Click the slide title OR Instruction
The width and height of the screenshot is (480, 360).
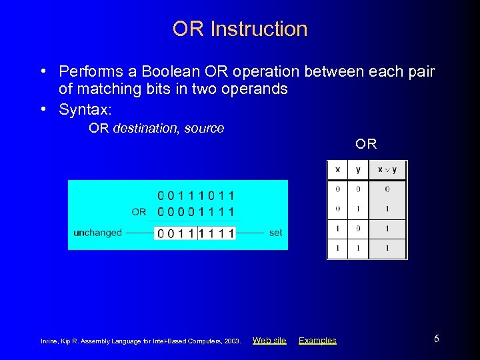point(240,29)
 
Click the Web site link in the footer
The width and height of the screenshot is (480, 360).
point(269,340)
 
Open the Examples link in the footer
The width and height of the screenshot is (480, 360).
point(317,340)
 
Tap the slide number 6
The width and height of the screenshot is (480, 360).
point(437,339)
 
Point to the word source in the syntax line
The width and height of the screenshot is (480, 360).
point(203,129)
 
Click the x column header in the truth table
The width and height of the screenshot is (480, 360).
point(337,169)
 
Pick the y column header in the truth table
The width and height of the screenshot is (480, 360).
point(358,169)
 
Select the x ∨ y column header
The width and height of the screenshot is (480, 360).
point(387,169)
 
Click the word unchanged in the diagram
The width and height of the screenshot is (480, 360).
point(97,233)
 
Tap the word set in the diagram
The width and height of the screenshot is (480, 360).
point(275,233)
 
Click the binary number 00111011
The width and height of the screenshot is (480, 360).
point(195,196)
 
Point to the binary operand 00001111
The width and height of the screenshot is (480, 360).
point(195,212)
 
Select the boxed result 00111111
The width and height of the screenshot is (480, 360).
point(195,233)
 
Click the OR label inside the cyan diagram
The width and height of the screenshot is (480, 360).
point(139,212)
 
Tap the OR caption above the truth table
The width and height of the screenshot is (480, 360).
point(366,143)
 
